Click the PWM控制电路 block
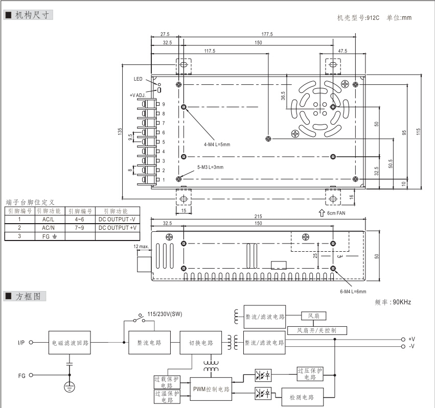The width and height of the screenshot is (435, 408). pos(211,390)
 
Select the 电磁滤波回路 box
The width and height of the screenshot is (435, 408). pos(71,343)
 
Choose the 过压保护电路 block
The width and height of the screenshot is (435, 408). pos(310,374)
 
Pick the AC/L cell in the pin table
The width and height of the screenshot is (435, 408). pos(49,219)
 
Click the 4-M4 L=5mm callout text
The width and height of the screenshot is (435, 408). pos(217,145)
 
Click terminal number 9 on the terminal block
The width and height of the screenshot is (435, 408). pos(163,104)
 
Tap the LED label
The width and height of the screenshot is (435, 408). pos(138,79)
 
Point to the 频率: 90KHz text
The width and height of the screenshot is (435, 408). pos(393,302)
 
